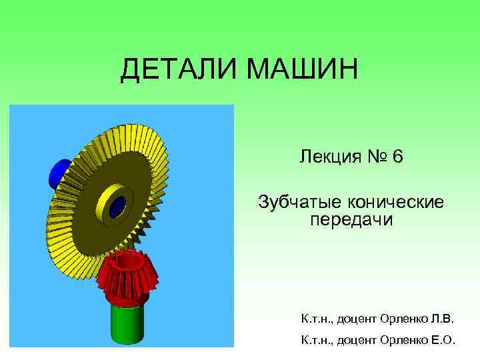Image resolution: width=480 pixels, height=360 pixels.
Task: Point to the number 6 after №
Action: click(x=398, y=157)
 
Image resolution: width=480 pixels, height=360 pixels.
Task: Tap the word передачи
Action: click(x=352, y=220)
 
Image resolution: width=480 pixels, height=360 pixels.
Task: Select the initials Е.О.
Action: click(x=442, y=341)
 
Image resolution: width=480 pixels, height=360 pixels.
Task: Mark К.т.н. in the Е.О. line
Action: click(x=317, y=341)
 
